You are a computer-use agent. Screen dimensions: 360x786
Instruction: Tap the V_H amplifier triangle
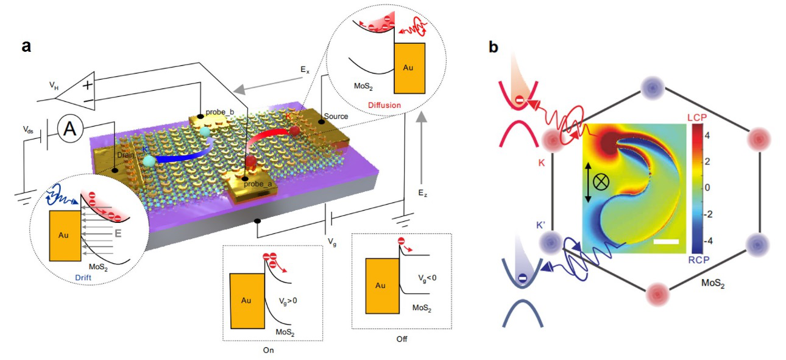82,90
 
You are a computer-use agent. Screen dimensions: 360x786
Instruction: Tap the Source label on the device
336,116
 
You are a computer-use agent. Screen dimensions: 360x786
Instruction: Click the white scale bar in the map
666,242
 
